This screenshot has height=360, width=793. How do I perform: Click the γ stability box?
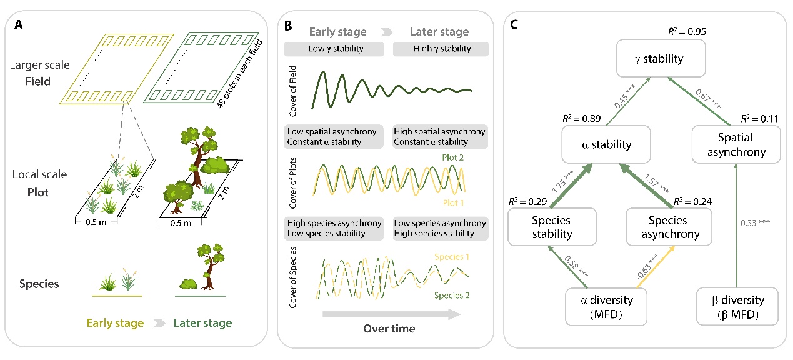click(x=651, y=59)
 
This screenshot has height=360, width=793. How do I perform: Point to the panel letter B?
click(x=288, y=27)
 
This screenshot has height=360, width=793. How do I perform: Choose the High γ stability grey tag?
click(x=439, y=48)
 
